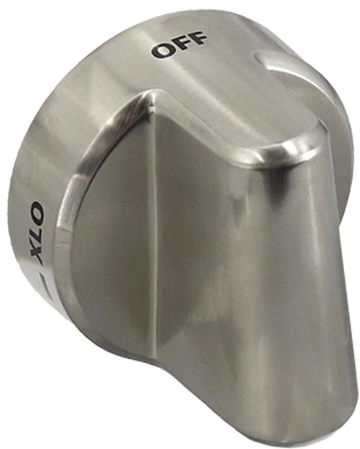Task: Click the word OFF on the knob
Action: (x=180, y=44)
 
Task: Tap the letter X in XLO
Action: (x=37, y=255)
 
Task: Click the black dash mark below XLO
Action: (x=45, y=284)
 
